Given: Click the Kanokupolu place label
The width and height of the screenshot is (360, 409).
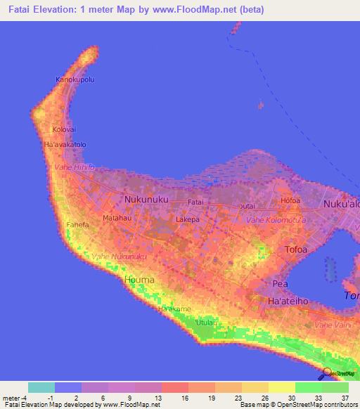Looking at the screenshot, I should (x=75, y=79).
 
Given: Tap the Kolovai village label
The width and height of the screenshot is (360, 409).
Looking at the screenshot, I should (x=63, y=130).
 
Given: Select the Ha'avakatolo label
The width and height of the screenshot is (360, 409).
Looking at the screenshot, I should (x=65, y=145).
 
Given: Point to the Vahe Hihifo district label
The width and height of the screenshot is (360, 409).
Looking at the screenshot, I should (x=74, y=167).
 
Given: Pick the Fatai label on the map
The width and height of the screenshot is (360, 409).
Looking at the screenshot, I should (x=195, y=202).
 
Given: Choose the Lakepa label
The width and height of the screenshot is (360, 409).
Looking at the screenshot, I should (x=188, y=219).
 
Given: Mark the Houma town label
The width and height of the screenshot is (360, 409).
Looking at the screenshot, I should (x=139, y=280).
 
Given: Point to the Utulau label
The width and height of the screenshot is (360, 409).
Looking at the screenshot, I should (x=205, y=322).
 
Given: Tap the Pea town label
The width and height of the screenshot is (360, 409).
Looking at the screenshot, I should (x=280, y=283).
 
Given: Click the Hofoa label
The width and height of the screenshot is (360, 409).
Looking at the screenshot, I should (x=290, y=201).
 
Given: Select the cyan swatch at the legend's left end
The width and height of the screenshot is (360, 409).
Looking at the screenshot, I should (x=41, y=387).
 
